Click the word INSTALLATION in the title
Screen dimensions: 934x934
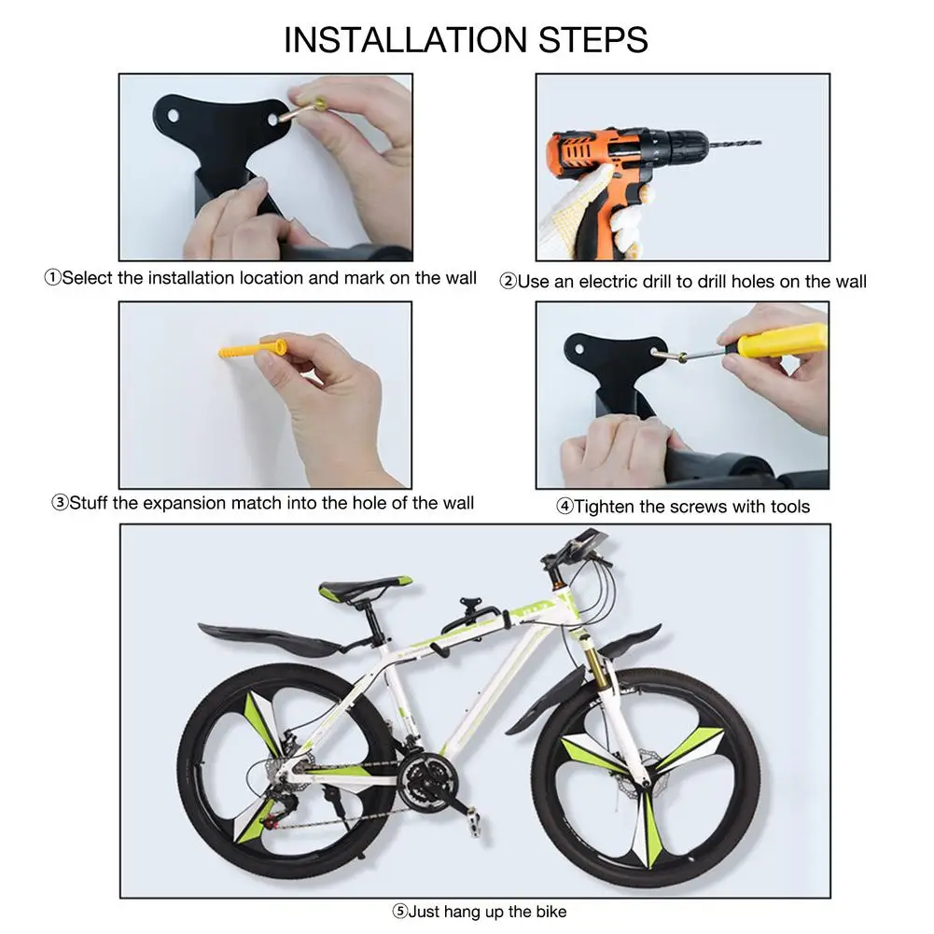coord(406,40)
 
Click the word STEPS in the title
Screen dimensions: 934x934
coord(593,40)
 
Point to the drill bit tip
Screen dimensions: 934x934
coord(760,143)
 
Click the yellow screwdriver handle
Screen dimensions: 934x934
coord(780,341)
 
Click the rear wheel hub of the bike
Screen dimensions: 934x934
coord(283,774)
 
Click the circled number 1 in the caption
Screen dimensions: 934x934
coord(52,277)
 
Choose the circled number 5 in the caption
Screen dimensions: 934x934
coord(400,912)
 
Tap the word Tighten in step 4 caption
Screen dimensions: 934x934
coord(604,507)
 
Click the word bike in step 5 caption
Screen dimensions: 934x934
coord(551,912)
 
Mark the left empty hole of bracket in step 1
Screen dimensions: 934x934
coord(173,115)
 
